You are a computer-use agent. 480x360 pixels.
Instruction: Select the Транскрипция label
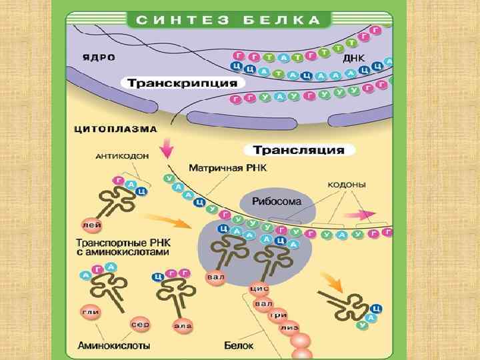[182, 84]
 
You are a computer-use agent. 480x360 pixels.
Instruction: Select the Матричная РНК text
[227, 169]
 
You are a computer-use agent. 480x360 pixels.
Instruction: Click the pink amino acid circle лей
[91, 225]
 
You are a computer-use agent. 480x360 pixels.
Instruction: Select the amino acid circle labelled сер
[140, 324]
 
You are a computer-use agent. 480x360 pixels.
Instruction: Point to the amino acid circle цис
[259, 289]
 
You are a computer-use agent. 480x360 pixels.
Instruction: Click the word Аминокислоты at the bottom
[114, 346]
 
